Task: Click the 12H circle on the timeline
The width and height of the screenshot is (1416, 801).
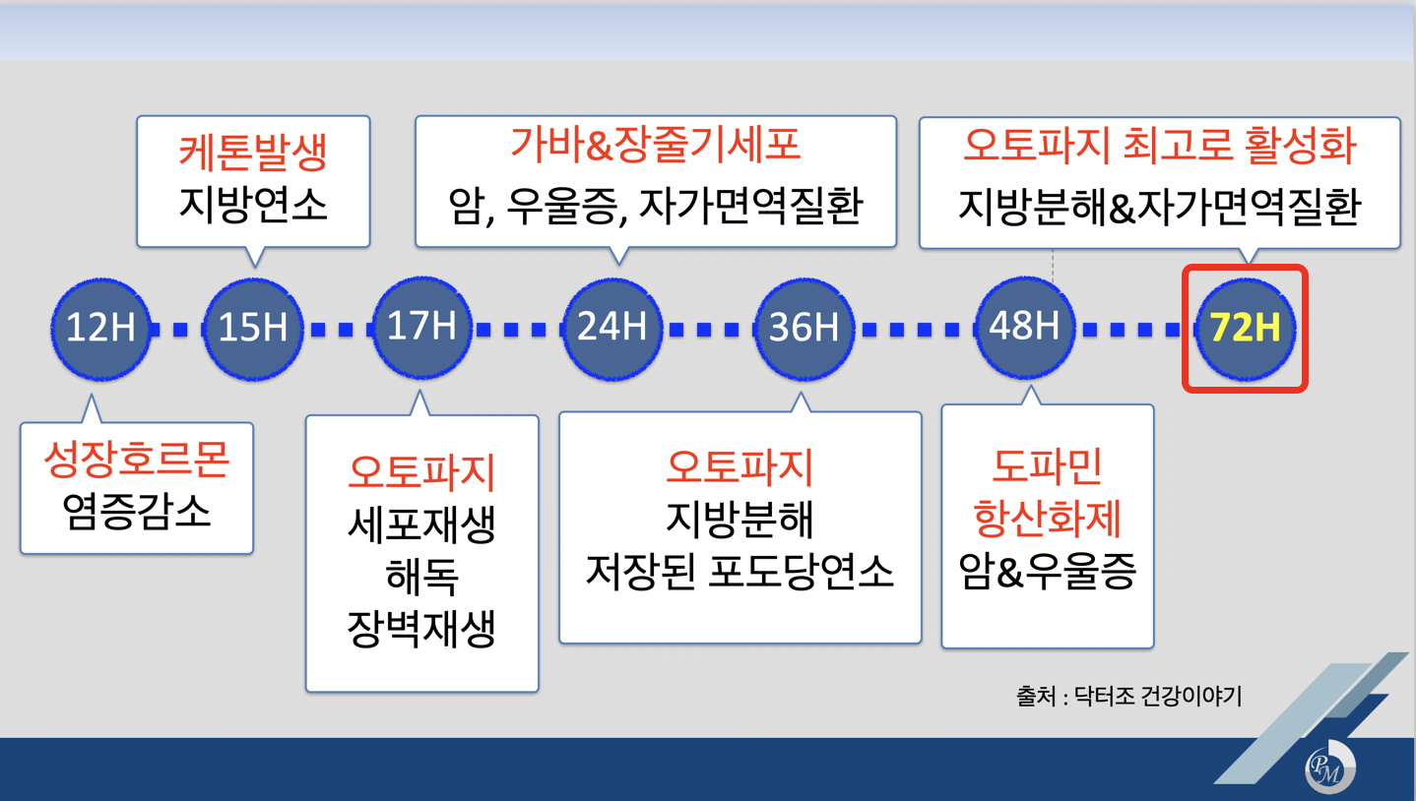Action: tap(99, 329)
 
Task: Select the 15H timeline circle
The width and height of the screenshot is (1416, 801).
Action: tap(253, 329)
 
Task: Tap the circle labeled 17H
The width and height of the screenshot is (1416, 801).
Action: tap(421, 327)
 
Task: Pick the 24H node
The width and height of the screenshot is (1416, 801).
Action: tap(611, 327)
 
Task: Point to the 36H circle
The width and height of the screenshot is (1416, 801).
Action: tap(803, 329)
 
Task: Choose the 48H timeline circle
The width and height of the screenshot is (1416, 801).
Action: tap(1024, 327)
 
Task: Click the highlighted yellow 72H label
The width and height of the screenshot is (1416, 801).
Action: tap(1245, 329)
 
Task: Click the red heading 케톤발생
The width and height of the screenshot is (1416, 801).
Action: tap(253, 153)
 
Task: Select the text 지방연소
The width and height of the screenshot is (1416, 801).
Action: tap(253, 205)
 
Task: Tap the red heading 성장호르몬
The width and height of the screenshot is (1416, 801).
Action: tap(136, 460)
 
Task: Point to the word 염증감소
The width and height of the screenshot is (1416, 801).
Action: tap(136, 512)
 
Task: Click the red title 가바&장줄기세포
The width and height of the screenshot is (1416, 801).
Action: tap(655, 146)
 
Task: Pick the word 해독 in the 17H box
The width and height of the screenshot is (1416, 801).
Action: tap(421, 578)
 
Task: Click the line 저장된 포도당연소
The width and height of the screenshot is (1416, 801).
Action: tap(740, 571)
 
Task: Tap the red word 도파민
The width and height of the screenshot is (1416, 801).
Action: tap(1046, 466)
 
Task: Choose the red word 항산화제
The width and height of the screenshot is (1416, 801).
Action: tap(1046, 519)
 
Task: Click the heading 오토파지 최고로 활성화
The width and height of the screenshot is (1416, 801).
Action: tap(1159, 147)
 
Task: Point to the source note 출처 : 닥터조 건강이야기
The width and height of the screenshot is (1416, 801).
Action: tap(1128, 697)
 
